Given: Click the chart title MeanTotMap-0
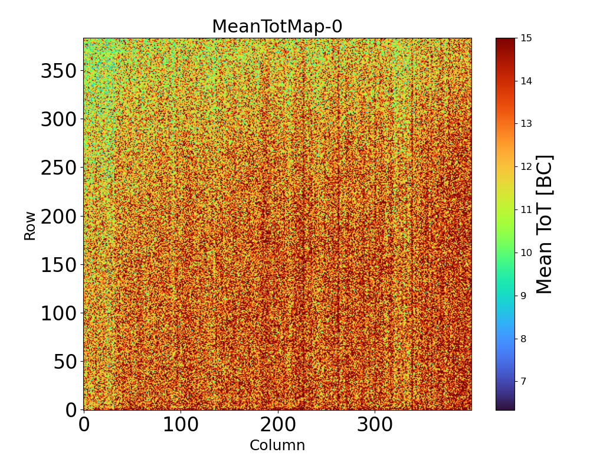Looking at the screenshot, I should coord(277,27).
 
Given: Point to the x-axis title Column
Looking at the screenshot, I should coord(277,445).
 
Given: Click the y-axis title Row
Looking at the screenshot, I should coord(29,225).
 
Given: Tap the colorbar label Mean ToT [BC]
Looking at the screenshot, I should coord(545,224).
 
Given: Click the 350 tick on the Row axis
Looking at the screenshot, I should coord(60,71).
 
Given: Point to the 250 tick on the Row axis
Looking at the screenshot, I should coord(60,168).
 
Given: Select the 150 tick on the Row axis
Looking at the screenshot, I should coord(60,265).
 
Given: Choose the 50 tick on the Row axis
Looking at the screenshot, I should coord(65,362).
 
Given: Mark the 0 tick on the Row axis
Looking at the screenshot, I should coord(70,409).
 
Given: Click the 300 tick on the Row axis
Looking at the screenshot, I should coord(60,120).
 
